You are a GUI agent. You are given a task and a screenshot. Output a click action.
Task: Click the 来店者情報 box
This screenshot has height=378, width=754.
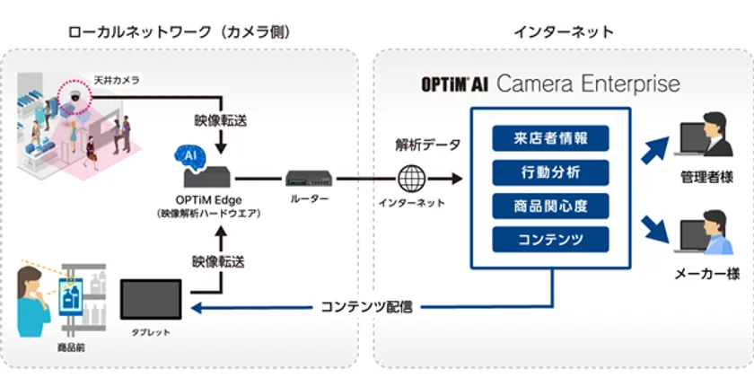550,138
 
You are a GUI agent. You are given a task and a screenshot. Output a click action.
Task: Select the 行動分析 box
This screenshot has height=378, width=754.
550,171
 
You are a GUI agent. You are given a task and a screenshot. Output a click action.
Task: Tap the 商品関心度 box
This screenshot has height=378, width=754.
550,205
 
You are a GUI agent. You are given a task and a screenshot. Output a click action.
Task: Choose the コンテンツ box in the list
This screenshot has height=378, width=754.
550,239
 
